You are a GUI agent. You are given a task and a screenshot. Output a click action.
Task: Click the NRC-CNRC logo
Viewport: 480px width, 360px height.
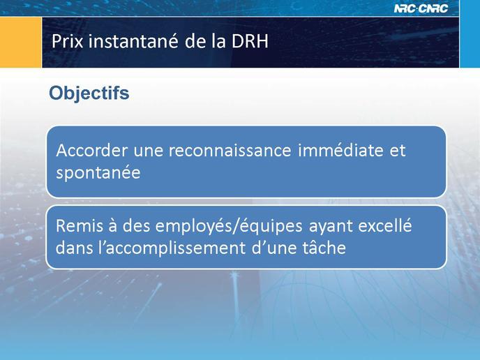421,8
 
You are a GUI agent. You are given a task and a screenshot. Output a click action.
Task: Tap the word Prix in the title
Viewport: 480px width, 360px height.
68,41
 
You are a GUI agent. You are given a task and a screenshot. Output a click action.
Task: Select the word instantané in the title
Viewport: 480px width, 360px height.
133,41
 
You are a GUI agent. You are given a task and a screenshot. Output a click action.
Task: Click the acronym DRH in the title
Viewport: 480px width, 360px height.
250,41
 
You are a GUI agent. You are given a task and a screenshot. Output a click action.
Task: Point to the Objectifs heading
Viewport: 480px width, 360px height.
89,93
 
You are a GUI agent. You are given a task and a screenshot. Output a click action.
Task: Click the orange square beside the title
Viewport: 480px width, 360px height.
21,43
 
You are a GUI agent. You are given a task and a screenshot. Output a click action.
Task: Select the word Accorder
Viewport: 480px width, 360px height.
92,150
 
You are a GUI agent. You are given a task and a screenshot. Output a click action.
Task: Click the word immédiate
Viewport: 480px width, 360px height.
340,150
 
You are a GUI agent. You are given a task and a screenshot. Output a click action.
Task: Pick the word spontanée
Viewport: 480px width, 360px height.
98,173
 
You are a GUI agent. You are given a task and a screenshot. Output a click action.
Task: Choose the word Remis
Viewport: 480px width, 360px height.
82,226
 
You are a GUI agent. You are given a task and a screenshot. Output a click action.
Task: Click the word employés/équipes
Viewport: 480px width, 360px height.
229,227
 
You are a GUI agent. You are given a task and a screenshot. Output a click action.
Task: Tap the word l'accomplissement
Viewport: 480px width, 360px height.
172,248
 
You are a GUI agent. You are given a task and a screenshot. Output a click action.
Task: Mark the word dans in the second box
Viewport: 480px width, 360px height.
75,248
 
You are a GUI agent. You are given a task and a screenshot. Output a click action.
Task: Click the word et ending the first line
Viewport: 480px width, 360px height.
398,151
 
